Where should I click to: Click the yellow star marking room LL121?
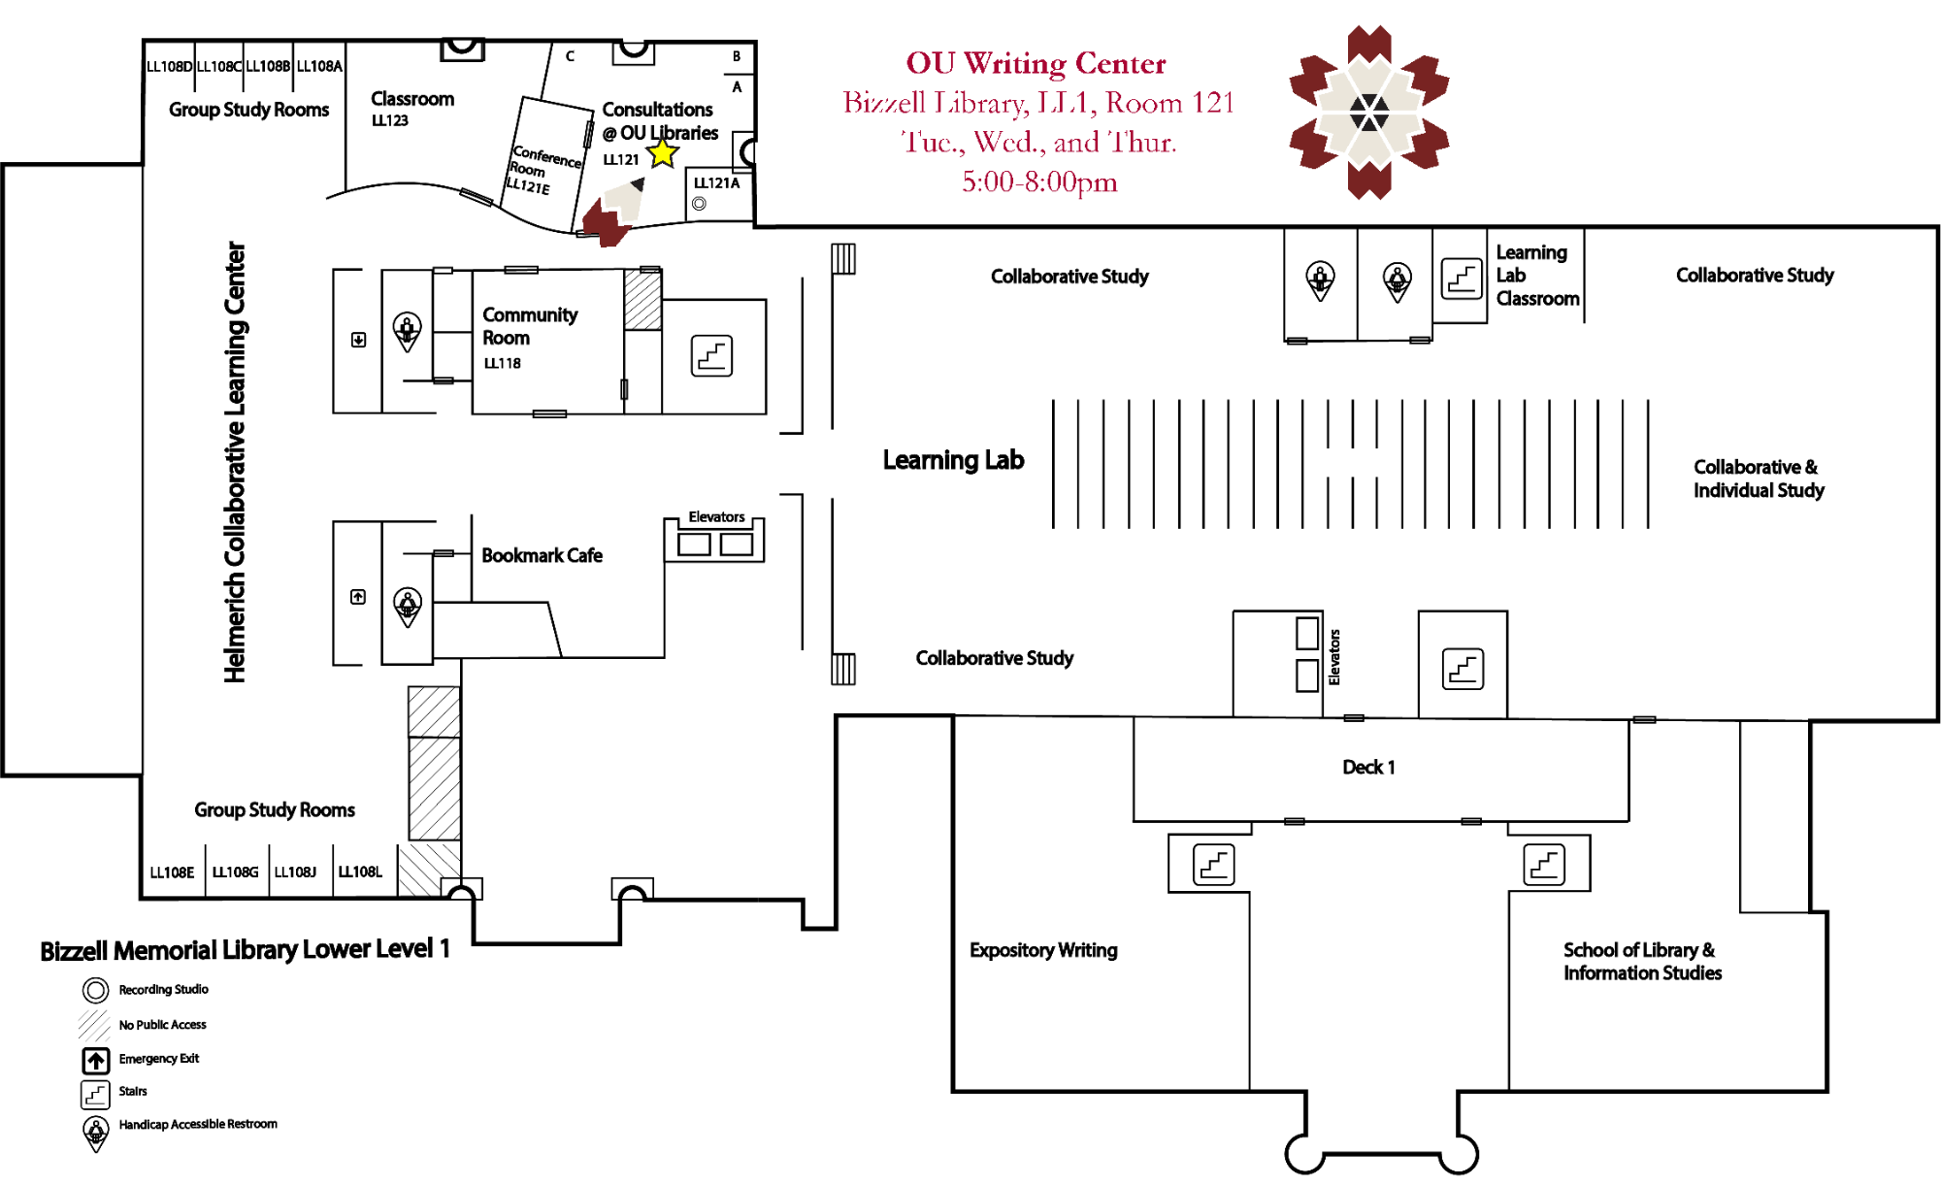pyautogui.click(x=663, y=152)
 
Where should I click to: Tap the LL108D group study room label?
pyautogui.click(x=169, y=66)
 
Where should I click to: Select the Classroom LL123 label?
pyautogui.click(x=411, y=107)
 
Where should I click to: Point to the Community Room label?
pyautogui.click(x=529, y=326)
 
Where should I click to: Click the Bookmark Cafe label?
pyautogui.click(x=542, y=555)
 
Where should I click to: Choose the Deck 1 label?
pyautogui.click(x=1368, y=767)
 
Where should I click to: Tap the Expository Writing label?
pyautogui.click(x=1043, y=950)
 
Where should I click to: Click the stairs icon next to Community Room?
pyautogui.click(x=711, y=355)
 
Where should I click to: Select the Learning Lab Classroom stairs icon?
pyautogui.click(x=1462, y=279)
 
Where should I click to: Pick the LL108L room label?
pyautogui.click(x=360, y=872)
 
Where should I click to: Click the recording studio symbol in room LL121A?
pyautogui.click(x=699, y=204)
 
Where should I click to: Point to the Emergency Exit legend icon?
pyautogui.click(x=95, y=1060)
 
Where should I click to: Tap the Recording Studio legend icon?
pyautogui.click(x=95, y=990)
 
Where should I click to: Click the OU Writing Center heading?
pyautogui.click(x=1036, y=63)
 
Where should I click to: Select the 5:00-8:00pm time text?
pyautogui.click(x=1039, y=181)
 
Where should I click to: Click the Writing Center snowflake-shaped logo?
pyautogui.click(x=1368, y=113)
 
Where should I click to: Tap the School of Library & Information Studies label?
pyautogui.click(x=1642, y=961)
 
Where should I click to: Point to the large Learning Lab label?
pyautogui.click(x=953, y=460)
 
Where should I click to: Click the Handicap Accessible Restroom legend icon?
pyautogui.click(x=95, y=1132)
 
